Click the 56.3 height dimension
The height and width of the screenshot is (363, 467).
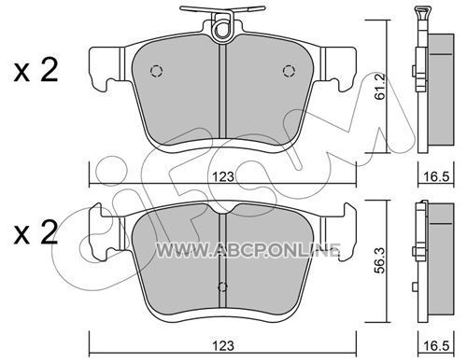pos(380,260)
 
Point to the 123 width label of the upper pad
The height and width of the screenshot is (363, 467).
pos(223,177)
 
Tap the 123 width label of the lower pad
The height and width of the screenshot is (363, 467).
pos(223,345)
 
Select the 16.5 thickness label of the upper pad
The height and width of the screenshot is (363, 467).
pos(437,177)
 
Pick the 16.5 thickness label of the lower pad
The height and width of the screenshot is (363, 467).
pos(437,345)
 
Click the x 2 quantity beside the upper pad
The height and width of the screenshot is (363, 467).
pos(35,71)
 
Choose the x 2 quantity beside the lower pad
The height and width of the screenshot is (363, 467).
pos(35,232)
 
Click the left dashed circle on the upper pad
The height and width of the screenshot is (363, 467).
pos(157,71)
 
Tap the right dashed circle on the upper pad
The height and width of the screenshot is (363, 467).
pos(289,71)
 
